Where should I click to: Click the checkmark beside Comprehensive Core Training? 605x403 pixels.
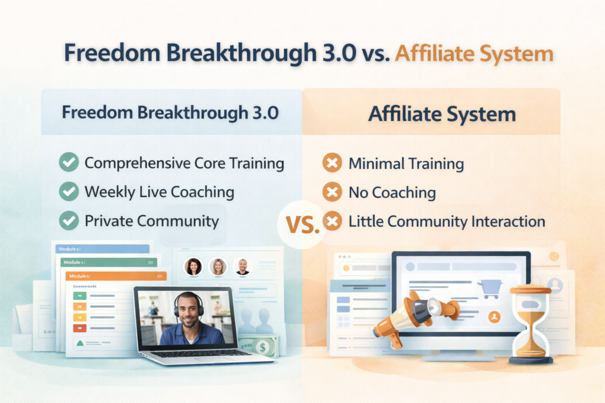click(70, 163)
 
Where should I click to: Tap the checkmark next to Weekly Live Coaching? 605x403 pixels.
click(70, 192)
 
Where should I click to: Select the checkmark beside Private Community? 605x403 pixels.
click(70, 221)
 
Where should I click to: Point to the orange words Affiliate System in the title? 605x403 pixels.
click(474, 54)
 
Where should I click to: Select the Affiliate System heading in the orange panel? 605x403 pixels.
click(442, 114)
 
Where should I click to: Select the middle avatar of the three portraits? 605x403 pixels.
click(218, 267)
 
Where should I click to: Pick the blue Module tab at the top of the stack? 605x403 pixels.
click(100, 248)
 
